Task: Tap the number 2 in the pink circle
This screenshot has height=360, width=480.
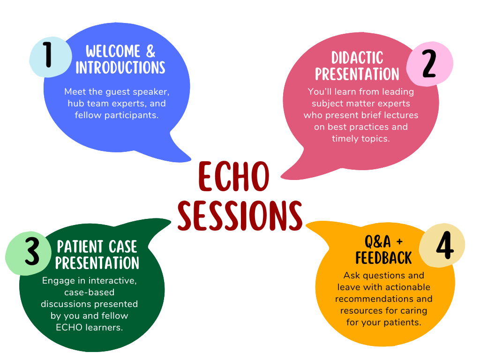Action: point(428,65)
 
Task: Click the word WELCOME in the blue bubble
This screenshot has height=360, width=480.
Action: point(113,51)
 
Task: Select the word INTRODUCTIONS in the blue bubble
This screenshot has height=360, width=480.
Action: point(120,67)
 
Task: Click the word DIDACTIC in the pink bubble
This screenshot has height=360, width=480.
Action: point(357,58)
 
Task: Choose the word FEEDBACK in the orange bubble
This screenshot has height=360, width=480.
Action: point(383,258)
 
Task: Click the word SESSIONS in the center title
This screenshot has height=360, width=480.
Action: point(240,216)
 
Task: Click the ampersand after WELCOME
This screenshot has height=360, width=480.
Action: point(150,51)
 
